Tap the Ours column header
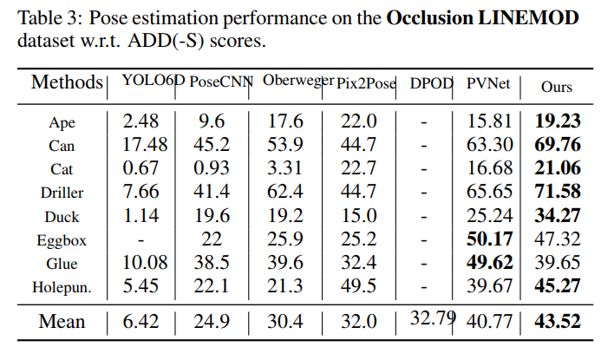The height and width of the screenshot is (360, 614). tap(556, 87)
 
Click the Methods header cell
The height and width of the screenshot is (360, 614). tap(66, 83)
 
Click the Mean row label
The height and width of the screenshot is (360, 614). tap(62, 322)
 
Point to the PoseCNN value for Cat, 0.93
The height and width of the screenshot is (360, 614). tap(212, 167)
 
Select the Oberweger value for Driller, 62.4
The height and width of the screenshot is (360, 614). tap(285, 189)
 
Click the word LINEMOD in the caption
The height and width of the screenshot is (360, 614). tap(530, 17)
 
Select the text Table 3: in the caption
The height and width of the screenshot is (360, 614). tap(44, 17)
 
